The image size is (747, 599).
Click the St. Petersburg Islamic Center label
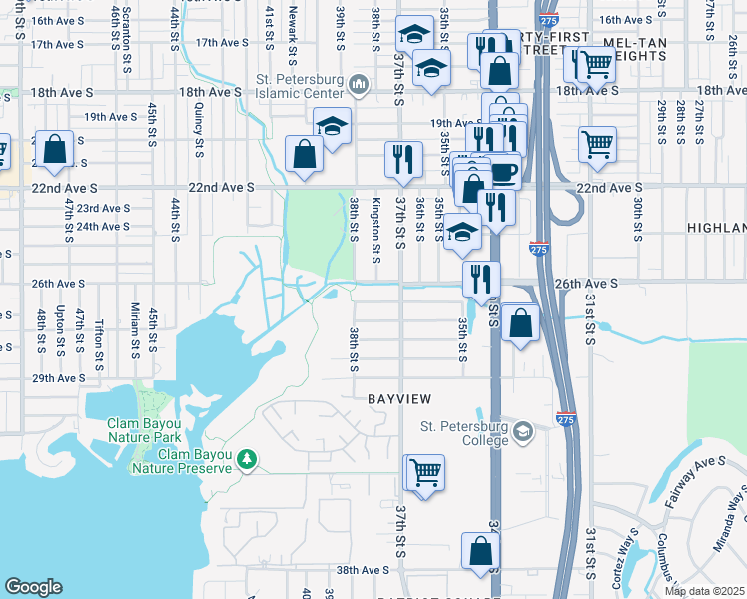300,81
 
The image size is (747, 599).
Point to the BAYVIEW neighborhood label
399,399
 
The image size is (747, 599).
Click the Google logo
33,587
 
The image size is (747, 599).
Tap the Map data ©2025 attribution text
703,591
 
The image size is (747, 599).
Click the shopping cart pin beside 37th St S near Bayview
424,472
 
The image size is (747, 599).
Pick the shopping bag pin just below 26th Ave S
520,323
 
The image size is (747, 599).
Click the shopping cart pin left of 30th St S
597,144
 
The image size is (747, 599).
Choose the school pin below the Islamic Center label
332,127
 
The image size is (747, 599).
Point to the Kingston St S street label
375,231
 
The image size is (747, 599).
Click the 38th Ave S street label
362,570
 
